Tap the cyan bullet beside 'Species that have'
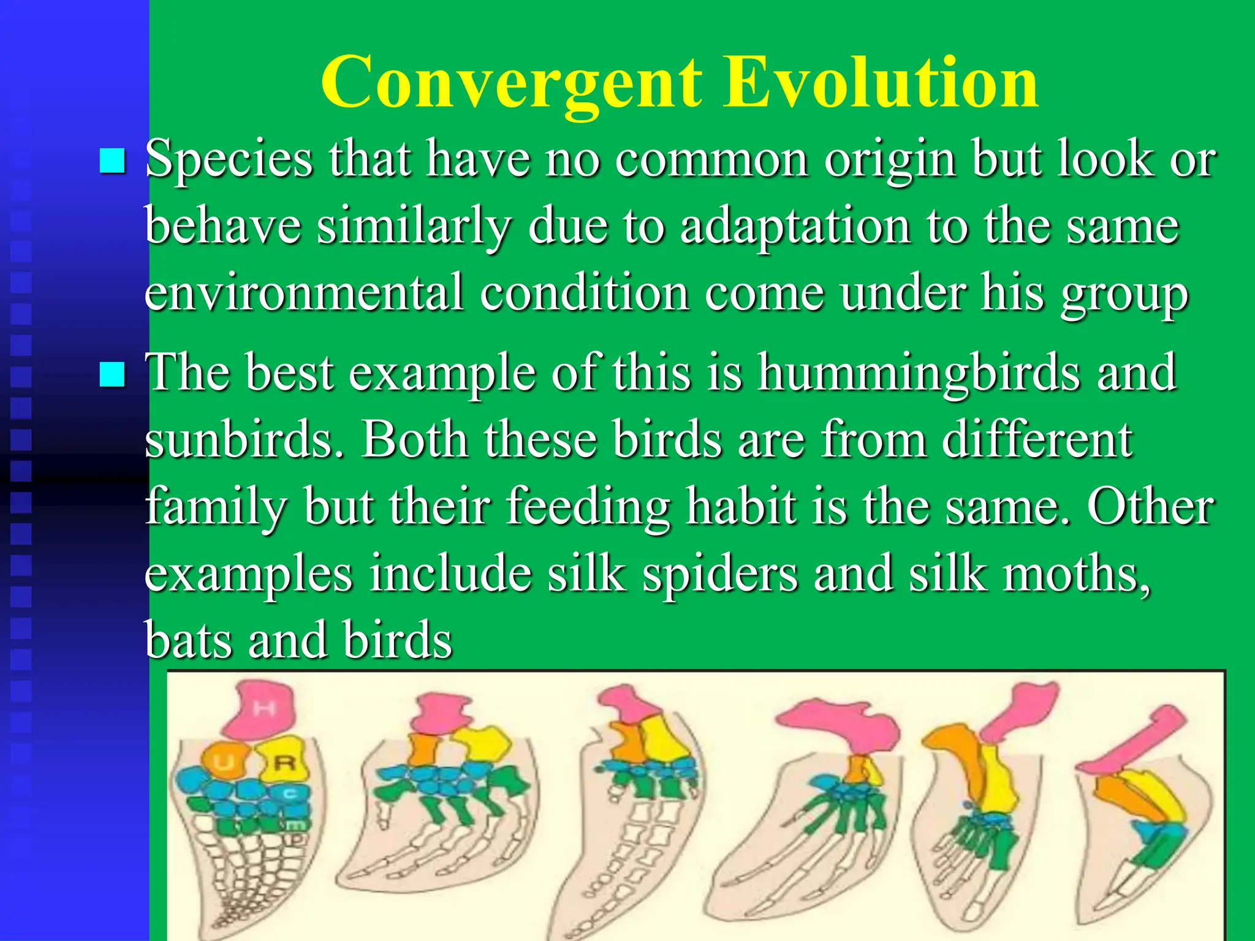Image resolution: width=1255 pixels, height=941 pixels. [112, 161]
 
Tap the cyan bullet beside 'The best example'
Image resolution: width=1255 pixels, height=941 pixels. [112, 374]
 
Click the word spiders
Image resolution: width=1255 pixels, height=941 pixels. [720, 574]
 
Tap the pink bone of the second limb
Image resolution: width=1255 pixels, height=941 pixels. [438, 714]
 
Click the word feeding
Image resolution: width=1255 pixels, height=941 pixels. [588, 507]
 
